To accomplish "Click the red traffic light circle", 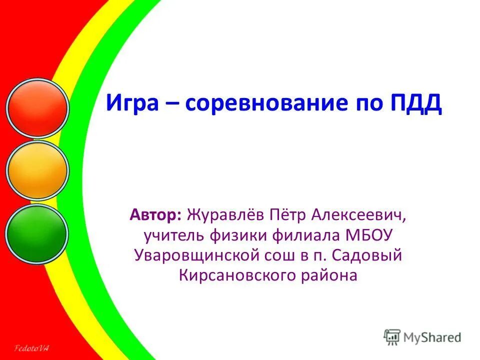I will (37, 107).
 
